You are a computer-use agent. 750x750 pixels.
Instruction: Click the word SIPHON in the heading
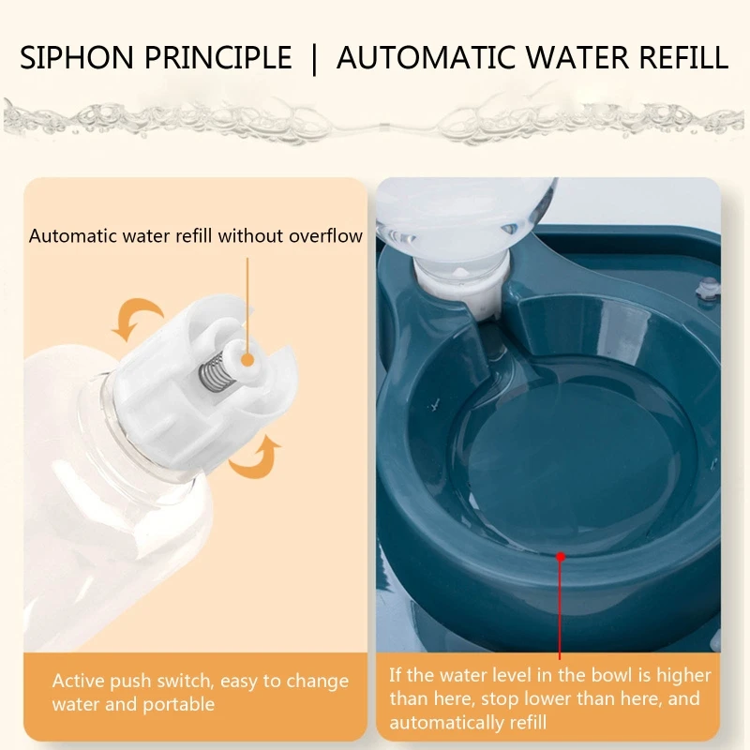(x=77, y=57)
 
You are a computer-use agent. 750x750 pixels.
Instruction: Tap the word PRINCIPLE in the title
(x=218, y=57)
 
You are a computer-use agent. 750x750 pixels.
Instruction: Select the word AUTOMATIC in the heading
(x=427, y=57)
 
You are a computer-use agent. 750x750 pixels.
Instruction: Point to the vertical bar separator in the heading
(x=314, y=59)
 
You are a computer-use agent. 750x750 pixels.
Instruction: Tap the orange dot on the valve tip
(x=247, y=360)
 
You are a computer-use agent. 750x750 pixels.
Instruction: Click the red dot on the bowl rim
(x=561, y=557)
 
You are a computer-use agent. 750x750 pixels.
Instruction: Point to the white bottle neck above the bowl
(x=462, y=292)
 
